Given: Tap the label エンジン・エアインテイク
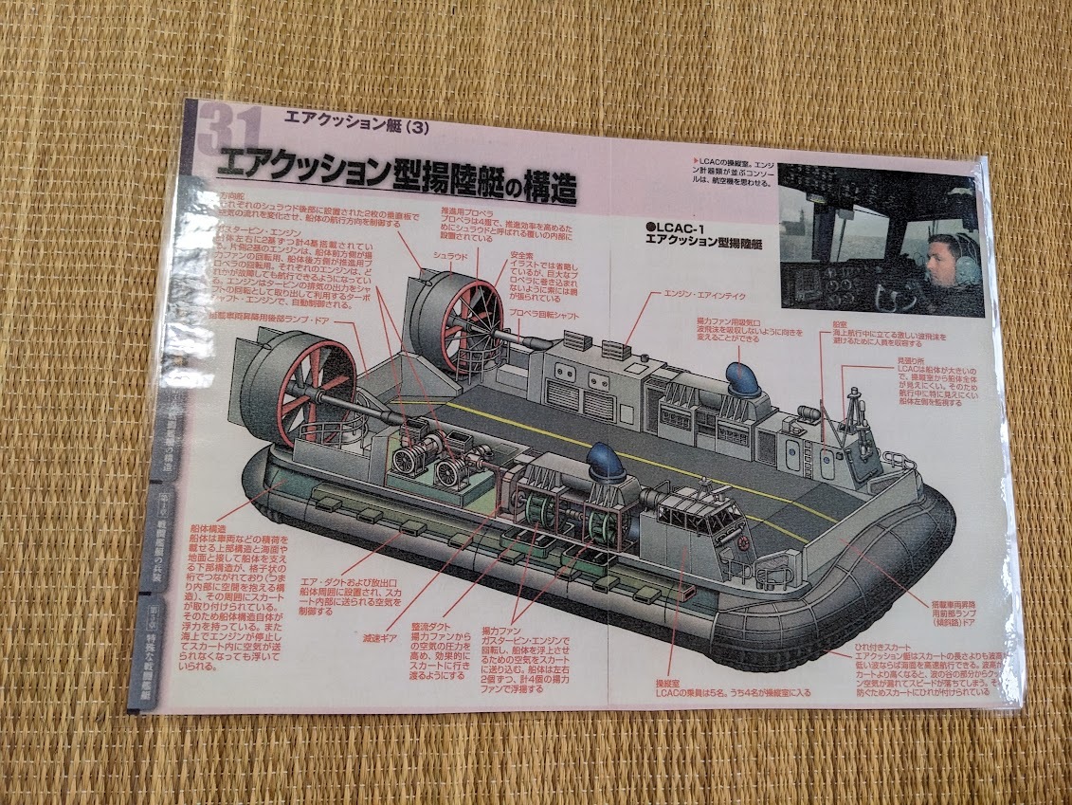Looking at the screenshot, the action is click(x=706, y=296).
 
